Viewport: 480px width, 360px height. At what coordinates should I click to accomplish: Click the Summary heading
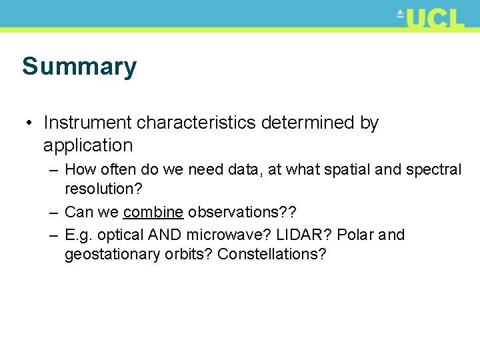click(x=79, y=67)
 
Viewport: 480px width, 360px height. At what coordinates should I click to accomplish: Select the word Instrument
click(x=87, y=123)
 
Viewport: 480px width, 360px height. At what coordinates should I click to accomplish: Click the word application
click(x=88, y=145)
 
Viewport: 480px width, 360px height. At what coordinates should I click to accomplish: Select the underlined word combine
click(x=153, y=212)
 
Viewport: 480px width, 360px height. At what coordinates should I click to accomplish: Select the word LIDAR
click(x=310, y=235)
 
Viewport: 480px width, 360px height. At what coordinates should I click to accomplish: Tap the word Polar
click(x=355, y=235)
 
